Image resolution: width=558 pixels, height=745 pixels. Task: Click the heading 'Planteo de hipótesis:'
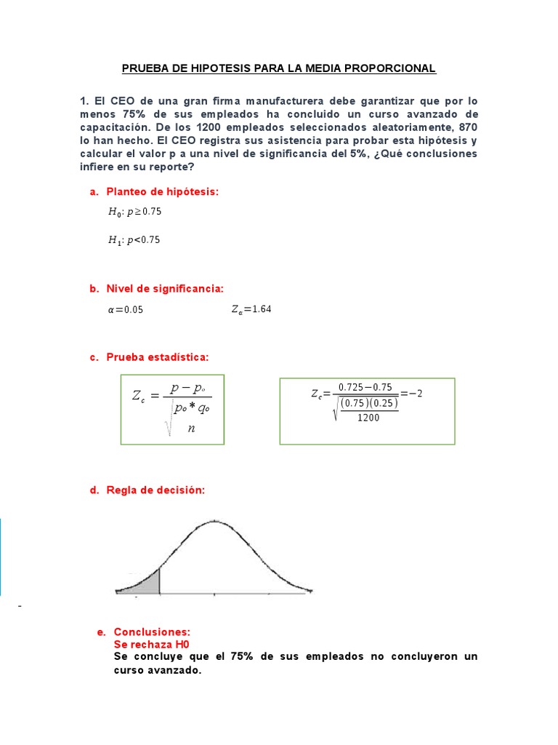(162, 191)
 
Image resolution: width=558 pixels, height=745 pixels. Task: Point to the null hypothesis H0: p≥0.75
(134, 212)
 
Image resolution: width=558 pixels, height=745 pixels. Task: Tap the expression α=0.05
(125, 309)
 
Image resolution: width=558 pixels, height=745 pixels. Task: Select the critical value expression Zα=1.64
(251, 309)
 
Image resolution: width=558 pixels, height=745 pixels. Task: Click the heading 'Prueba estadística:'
(158, 357)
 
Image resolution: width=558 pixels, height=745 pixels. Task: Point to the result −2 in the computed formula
(416, 394)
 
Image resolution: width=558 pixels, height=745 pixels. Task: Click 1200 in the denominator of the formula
(368, 417)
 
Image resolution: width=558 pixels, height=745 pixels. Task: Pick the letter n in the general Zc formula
(191, 428)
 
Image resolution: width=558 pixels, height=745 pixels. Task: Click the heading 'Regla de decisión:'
(155, 490)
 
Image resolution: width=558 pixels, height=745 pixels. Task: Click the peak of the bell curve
(214, 521)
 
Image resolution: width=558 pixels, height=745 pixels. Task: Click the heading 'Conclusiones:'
(152, 632)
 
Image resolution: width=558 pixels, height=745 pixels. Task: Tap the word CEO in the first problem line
(126, 101)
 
